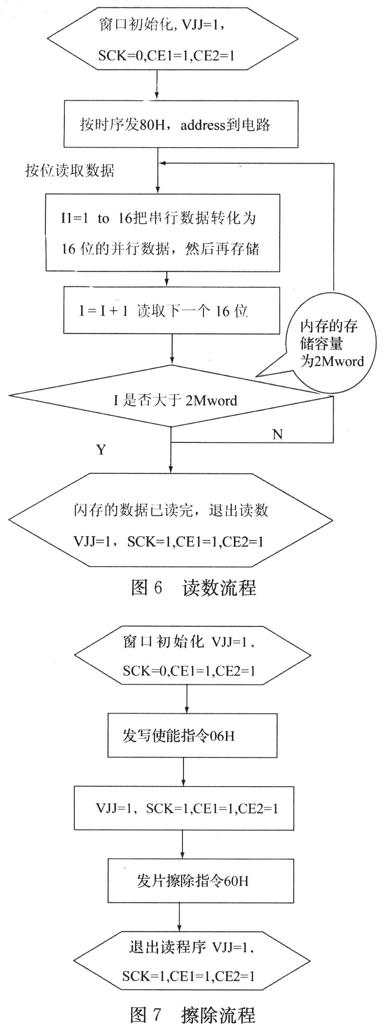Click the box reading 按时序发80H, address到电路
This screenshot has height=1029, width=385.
coord(181,124)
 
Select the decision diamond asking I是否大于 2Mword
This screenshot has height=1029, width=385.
coord(172,396)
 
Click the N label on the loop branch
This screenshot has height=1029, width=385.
coord(277,434)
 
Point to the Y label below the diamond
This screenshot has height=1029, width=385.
coord(101,450)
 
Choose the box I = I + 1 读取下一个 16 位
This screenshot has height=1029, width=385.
coord(172,310)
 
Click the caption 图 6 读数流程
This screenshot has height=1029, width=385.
coord(193,588)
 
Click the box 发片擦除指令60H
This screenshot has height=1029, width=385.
coord(200,880)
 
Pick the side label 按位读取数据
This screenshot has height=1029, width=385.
coord(70,171)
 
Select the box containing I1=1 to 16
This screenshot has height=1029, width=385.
coord(163,233)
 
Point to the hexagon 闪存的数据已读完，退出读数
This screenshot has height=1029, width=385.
coord(171,520)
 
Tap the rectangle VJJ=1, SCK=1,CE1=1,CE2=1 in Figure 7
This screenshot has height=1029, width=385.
coord(184,808)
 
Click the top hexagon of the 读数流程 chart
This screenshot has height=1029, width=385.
coord(172,38)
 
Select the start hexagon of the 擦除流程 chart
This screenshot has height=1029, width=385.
coord(192,656)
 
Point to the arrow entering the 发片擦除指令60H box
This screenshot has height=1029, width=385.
coord(183,844)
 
